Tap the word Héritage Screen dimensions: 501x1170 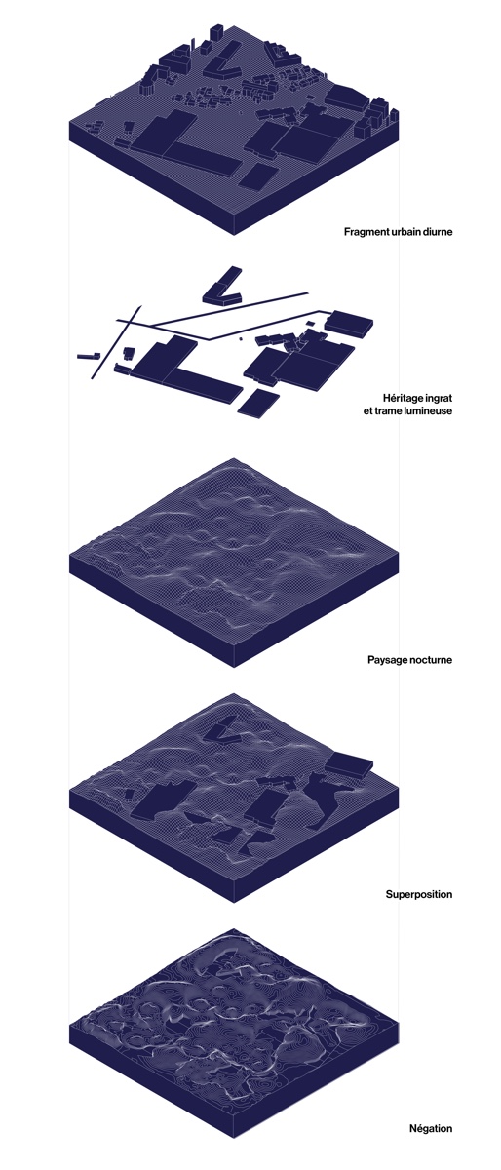coord(403,399)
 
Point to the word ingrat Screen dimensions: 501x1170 coord(440,399)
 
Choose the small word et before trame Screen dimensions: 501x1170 coord(367,411)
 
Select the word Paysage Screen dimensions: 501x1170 coord(387,660)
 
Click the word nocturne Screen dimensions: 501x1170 coord(431,660)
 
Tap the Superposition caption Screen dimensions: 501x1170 coord(419,894)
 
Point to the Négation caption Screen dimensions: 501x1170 coord(431,1128)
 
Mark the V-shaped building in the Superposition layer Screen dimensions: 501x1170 coord(223,732)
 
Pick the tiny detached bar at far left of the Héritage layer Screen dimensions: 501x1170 coord(89,356)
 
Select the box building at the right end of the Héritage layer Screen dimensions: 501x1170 coord(350,324)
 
